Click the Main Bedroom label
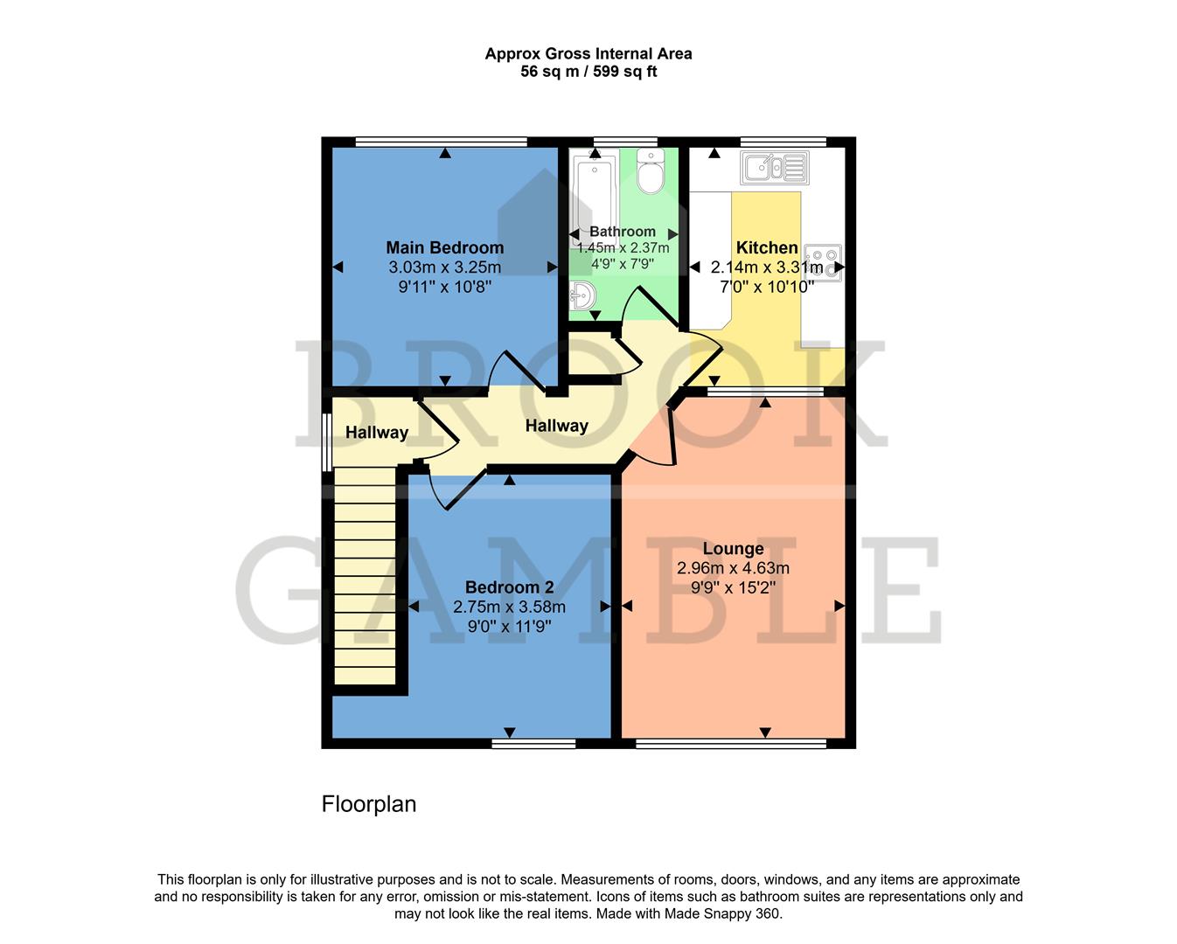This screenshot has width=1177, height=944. point(444,247)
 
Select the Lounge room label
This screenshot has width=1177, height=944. point(733,549)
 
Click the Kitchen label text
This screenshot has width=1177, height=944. point(767,247)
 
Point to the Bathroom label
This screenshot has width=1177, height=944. point(622,232)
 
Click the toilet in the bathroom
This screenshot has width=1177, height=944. point(650,172)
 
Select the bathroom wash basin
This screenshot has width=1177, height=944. point(582,296)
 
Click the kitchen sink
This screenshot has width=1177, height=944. point(774,167)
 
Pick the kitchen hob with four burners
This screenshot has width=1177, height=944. point(822,262)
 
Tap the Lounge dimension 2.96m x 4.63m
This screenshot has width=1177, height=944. point(733,568)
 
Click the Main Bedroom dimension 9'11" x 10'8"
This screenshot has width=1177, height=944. point(444,287)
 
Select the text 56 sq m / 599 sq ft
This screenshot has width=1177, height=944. point(588,72)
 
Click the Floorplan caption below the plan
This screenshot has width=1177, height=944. point(368,804)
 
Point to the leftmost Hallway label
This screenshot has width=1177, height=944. point(376,433)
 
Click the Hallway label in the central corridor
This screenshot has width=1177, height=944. point(556,426)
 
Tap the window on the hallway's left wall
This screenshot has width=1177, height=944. point(325,442)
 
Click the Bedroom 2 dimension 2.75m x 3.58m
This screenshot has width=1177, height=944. point(509,607)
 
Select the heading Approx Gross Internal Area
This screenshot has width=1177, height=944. point(588,53)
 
